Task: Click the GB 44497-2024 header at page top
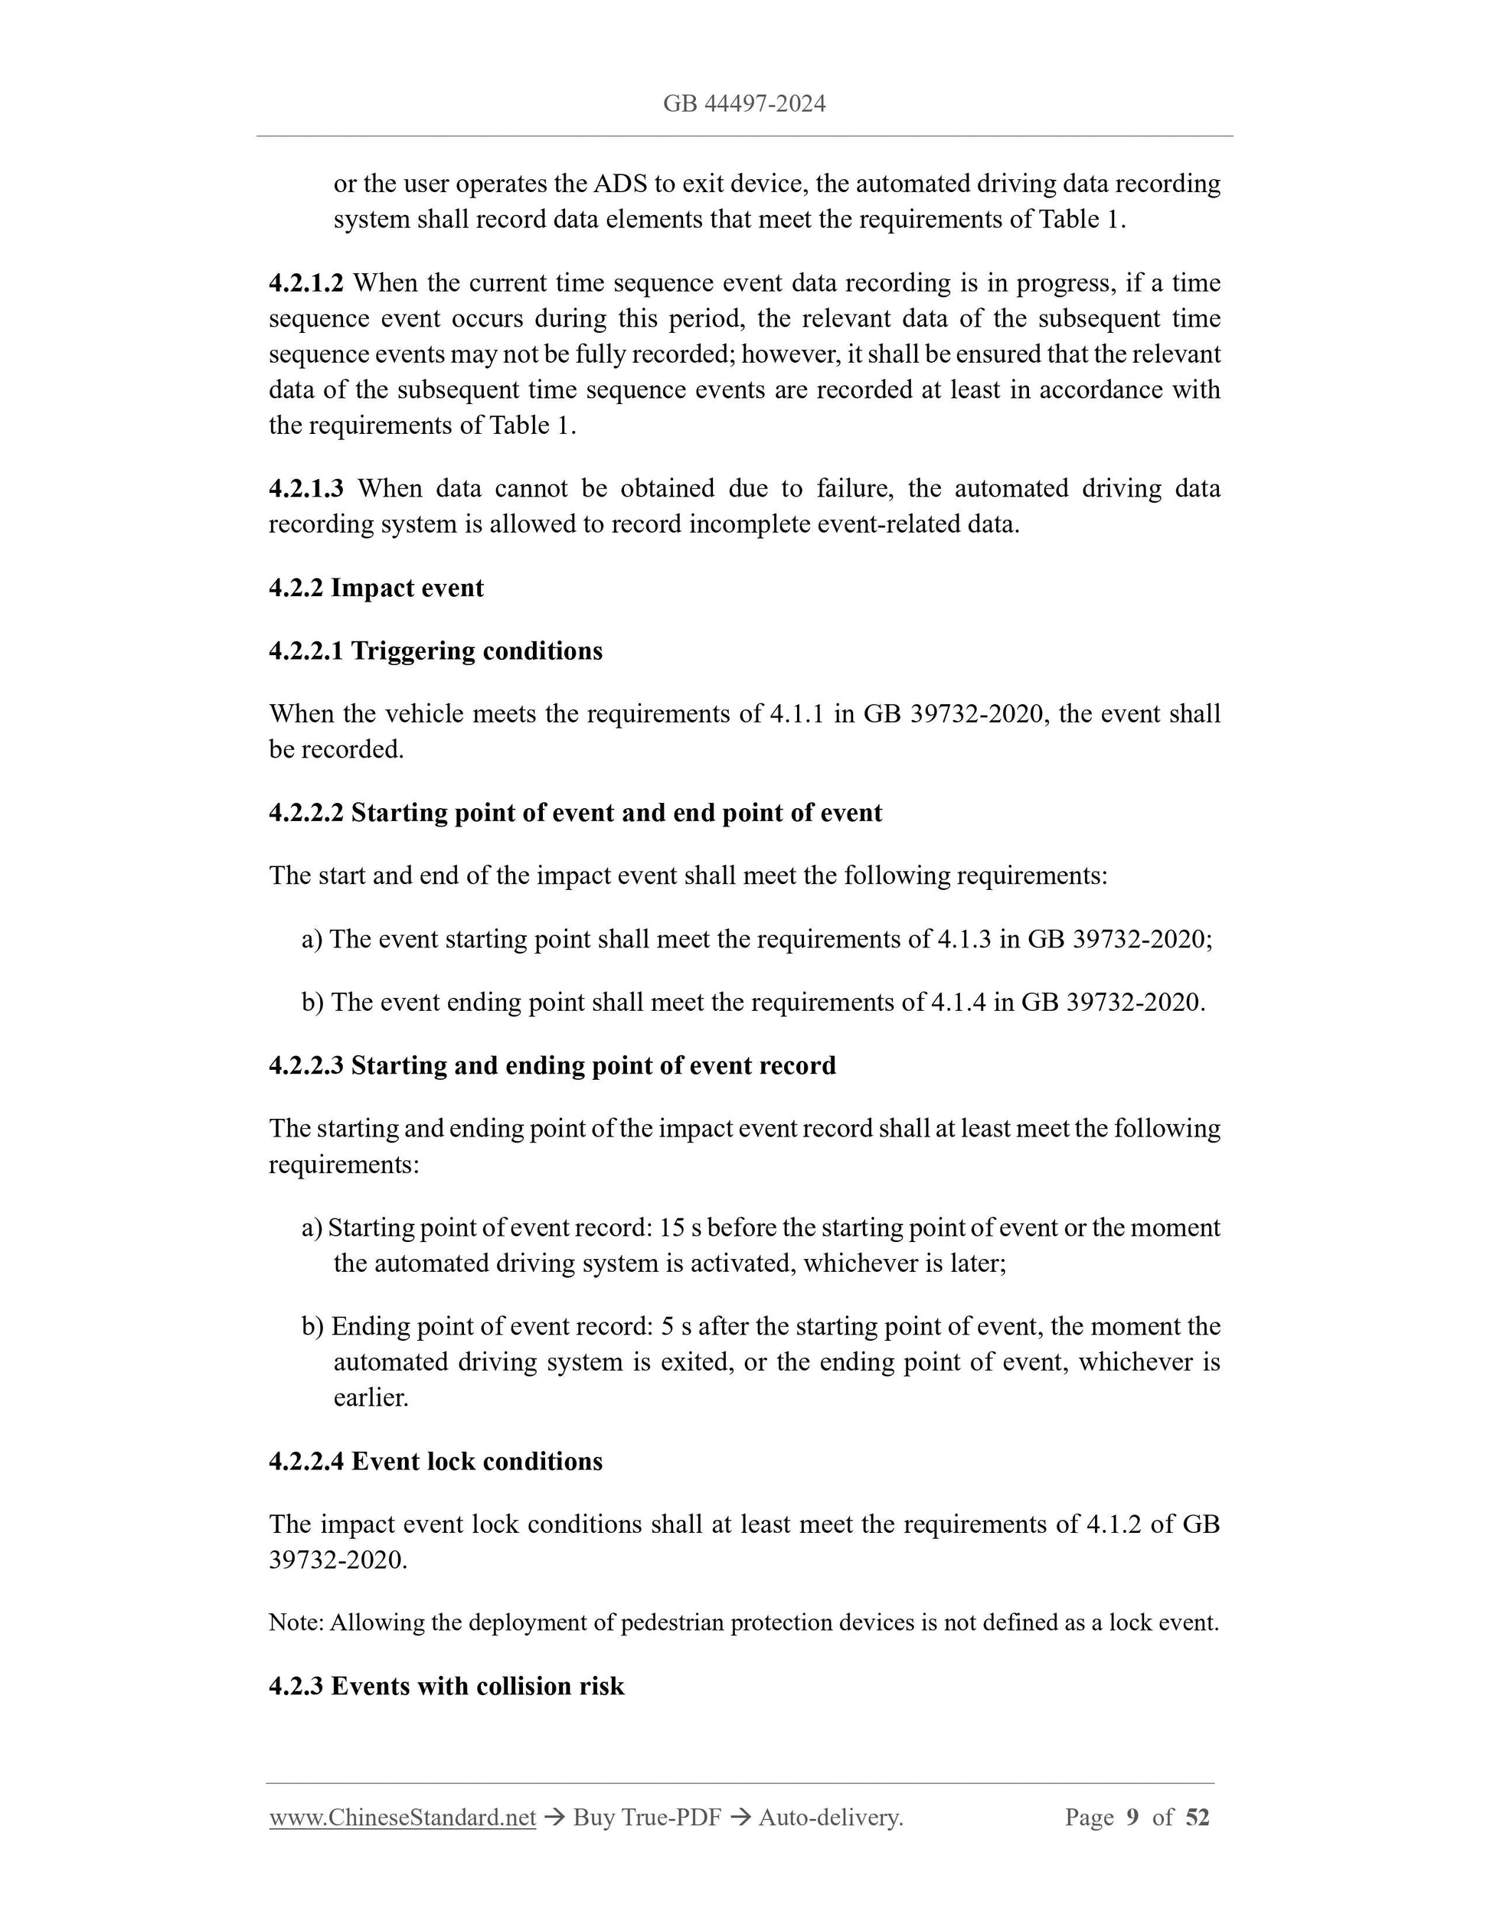point(744,104)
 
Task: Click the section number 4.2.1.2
point(306,283)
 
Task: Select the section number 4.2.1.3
point(306,488)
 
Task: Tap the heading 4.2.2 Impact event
point(376,588)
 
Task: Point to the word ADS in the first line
point(619,184)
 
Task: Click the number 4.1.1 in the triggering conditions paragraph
point(796,713)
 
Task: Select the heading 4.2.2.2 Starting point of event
point(575,812)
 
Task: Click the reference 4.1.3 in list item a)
point(963,939)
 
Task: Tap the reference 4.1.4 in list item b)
point(958,1003)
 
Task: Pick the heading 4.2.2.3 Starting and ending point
point(552,1065)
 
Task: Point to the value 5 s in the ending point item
point(675,1326)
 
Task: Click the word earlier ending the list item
point(371,1397)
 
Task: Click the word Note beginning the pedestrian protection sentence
point(296,1622)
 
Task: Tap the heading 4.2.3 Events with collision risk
point(446,1686)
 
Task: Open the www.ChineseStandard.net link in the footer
point(403,1817)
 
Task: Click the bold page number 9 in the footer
point(1132,1817)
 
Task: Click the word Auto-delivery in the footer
point(830,1817)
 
